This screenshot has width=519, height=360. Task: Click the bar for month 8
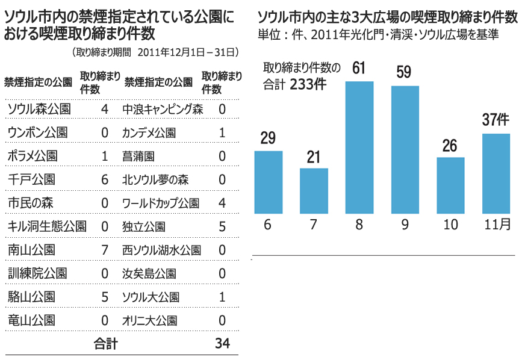point(359,147)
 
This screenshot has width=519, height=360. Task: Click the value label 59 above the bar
point(404,72)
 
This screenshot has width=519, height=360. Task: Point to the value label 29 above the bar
point(268,137)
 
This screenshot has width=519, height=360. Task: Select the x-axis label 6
point(268,225)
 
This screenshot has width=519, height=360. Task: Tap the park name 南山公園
point(31,250)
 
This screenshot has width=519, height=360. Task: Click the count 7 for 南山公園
point(105,250)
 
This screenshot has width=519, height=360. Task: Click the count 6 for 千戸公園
point(105,179)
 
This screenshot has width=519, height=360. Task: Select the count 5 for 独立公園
point(222,227)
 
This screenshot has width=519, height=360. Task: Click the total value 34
point(222,344)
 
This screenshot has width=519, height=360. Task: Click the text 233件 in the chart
point(308,84)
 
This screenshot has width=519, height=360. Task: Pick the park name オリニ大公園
point(149,320)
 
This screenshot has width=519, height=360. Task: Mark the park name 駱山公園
point(31,297)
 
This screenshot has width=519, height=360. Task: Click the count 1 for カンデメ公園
point(222,132)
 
